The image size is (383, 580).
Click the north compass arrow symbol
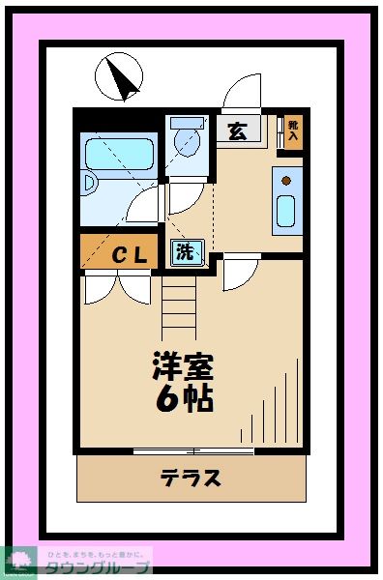[x=119, y=76]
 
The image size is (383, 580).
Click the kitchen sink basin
[x=285, y=210]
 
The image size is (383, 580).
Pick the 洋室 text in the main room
[x=182, y=365]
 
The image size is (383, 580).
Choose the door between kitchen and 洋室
[x=237, y=274]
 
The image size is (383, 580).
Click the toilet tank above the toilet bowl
[x=188, y=123]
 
